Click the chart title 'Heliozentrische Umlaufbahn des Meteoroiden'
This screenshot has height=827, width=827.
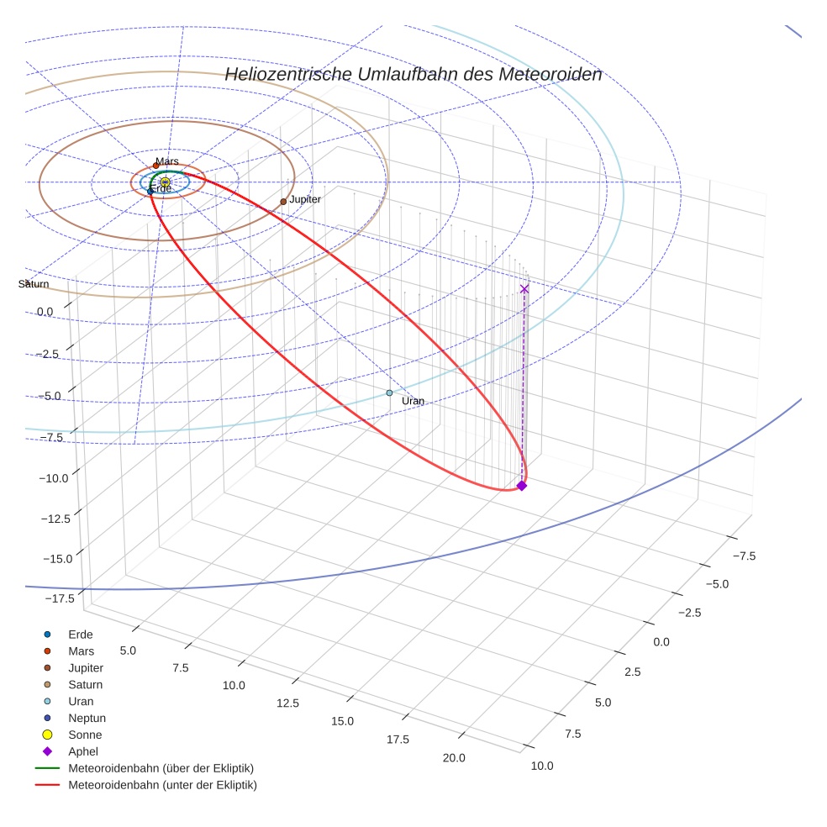(413, 74)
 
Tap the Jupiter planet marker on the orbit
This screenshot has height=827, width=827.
(283, 202)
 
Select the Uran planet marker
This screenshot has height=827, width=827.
(389, 392)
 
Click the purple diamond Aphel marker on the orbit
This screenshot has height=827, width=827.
(521, 486)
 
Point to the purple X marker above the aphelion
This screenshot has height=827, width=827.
(524, 289)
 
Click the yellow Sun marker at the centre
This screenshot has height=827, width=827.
(166, 182)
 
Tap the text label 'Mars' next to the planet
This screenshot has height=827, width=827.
(167, 161)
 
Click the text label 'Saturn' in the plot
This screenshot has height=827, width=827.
(34, 284)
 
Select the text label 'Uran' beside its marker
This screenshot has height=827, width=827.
(413, 401)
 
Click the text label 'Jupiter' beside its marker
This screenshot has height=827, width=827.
(305, 199)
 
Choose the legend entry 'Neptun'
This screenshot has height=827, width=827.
(87, 718)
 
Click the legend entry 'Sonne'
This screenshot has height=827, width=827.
(85, 735)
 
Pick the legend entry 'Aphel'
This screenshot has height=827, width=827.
(83, 751)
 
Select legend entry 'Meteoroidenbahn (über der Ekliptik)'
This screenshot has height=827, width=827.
(161, 768)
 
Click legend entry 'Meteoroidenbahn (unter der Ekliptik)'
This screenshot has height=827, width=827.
(162, 785)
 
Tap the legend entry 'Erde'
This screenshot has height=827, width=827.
(81, 634)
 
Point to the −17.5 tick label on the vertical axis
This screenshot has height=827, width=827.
(57, 598)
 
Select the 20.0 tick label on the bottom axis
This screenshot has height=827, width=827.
(454, 758)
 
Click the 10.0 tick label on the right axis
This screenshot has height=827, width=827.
(542, 765)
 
